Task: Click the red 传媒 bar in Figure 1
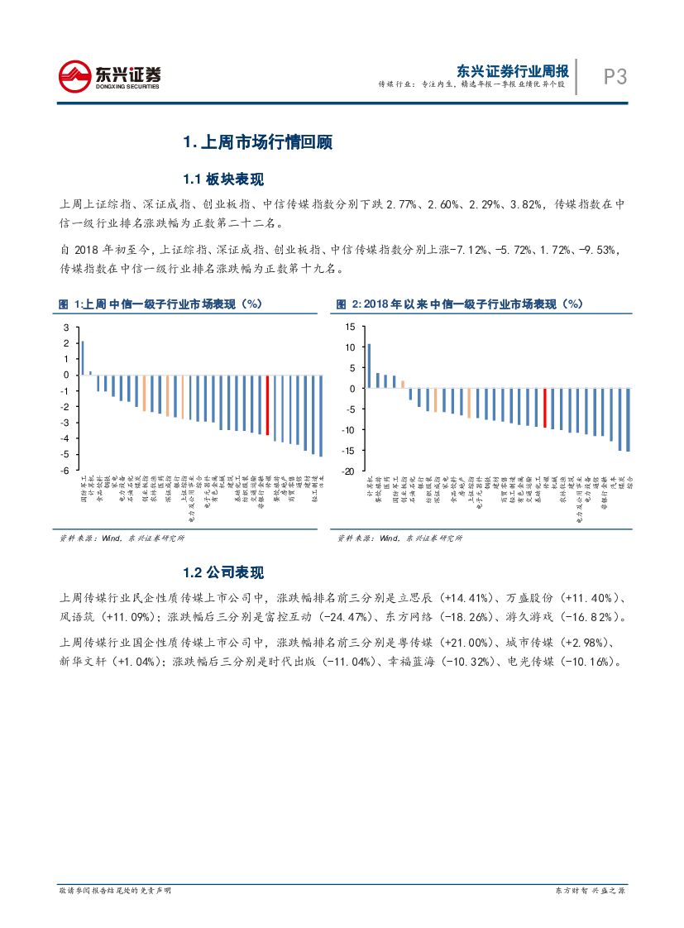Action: coord(267,405)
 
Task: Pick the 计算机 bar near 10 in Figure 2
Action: coord(369,366)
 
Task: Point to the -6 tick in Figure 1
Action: coord(66,471)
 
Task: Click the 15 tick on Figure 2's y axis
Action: coord(349,327)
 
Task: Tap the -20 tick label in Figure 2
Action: coord(347,471)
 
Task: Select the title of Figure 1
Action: coord(160,304)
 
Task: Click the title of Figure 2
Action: coord(459,304)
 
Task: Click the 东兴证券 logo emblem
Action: coord(74,77)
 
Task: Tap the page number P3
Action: coord(615,78)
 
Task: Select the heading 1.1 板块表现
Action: coord(223,179)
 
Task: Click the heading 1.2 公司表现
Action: coord(223,572)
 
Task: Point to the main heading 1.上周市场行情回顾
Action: coord(257,142)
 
